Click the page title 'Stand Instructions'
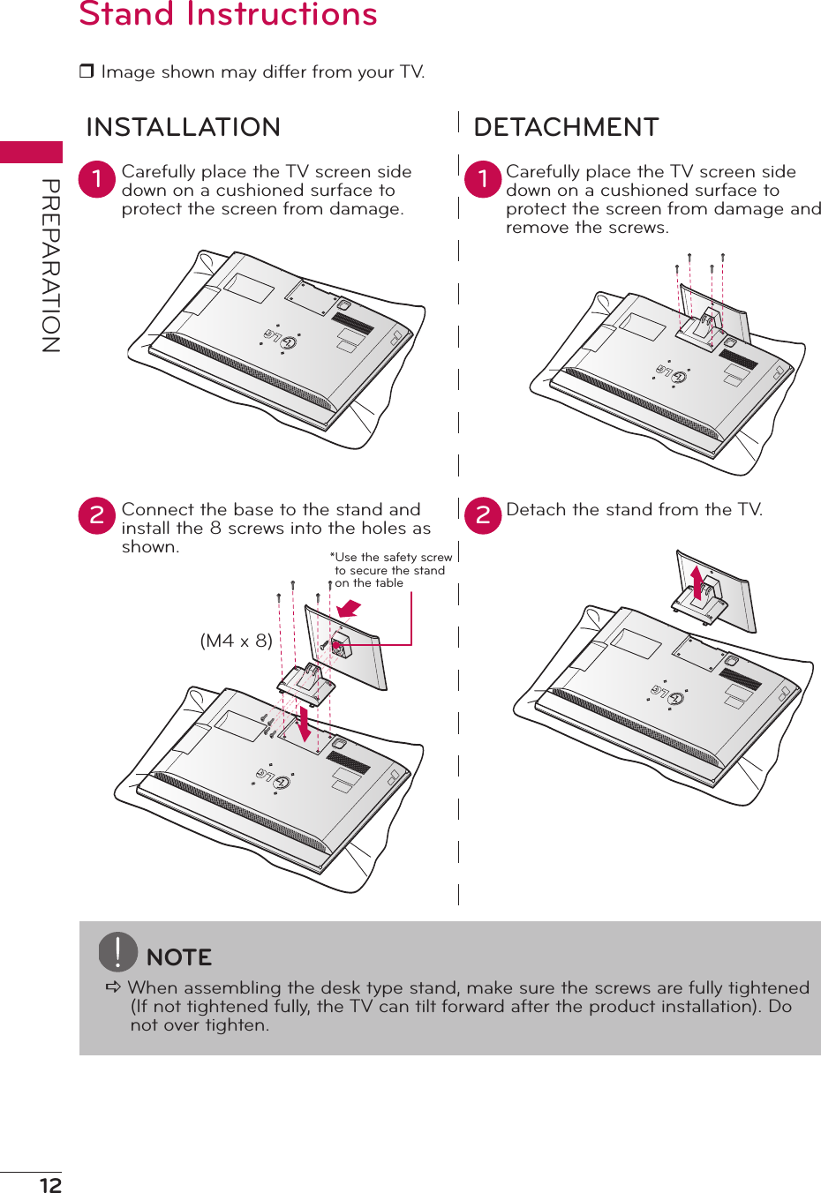pyautogui.click(x=228, y=14)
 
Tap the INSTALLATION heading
pyautogui.click(x=183, y=127)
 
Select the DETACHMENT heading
pyautogui.click(x=566, y=127)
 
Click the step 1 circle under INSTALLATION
pyautogui.click(x=97, y=179)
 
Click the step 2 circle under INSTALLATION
pyautogui.click(x=97, y=516)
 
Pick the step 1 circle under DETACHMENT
pyautogui.click(x=483, y=179)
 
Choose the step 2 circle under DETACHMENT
pyautogui.click(x=483, y=516)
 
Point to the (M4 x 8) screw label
pyautogui.click(x=236, y=641)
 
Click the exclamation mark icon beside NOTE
pyautogui.click(x=117, y=951)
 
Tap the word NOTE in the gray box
pyautogui.click(x=179, y=957)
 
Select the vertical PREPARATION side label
pyautogui.click(x=50, y=265)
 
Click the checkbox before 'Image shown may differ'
pyautogui.click(x=87, y=71)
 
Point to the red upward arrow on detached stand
pyautogui.click(x=697, y=582)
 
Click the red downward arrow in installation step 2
pyautogui.click(x=305, y=723)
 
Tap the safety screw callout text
pyautogui.click(x=391, y=570)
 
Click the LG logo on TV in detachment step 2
pyautogui.click(x=667, y=694)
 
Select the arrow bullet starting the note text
pyautogui.click(x=113, y=987)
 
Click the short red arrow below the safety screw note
pyautogui.click(x=350, y=608)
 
